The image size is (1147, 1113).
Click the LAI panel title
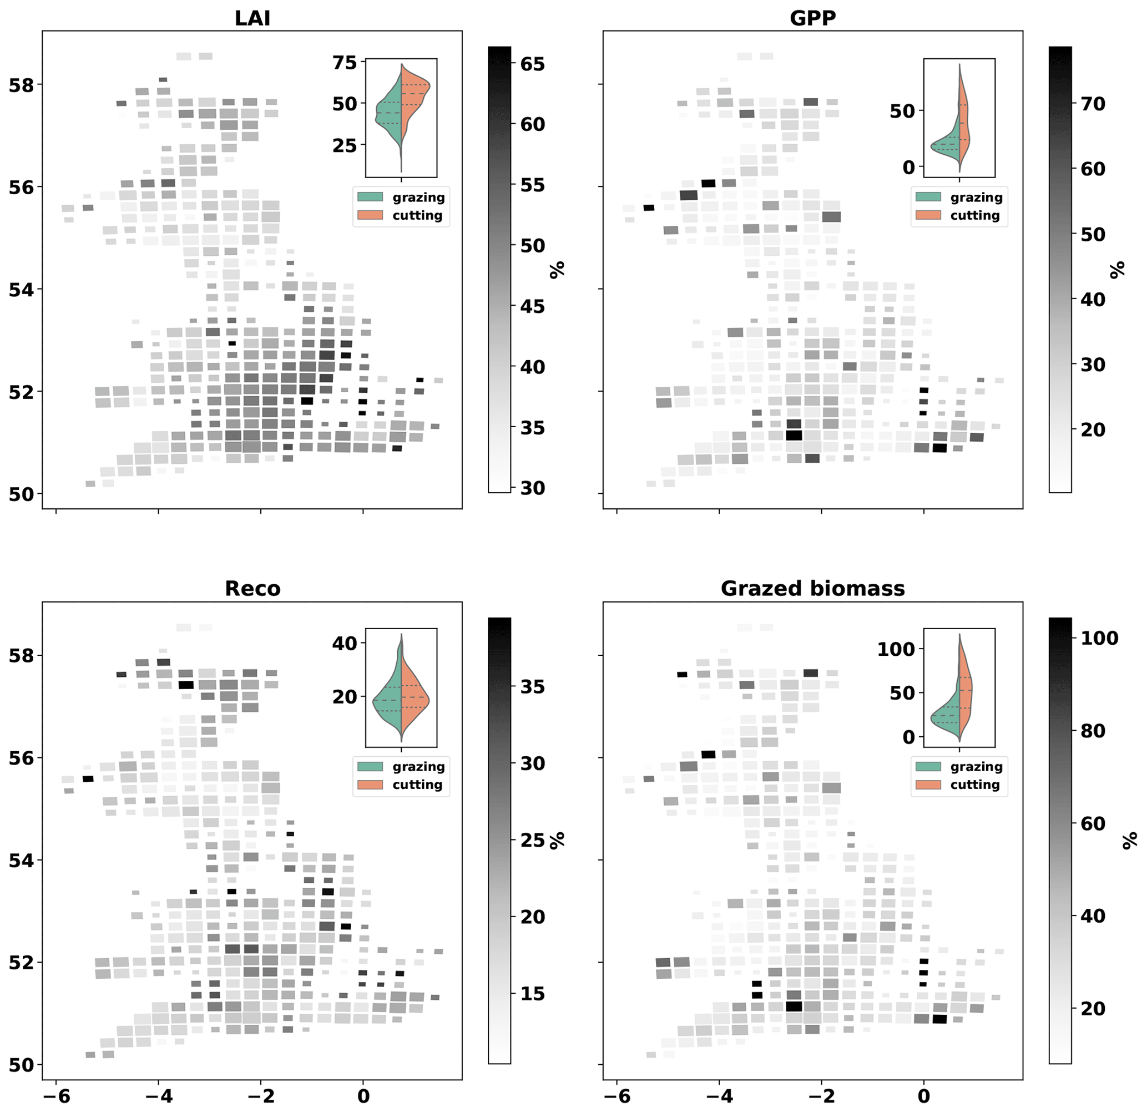[252, 18]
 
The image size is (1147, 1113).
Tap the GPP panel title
[812, 18]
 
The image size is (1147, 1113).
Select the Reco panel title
[252, 588]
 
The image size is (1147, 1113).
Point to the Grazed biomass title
[812, 588]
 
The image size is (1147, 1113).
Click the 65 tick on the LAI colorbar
[532, 64]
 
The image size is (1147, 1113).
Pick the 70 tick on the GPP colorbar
[1092, 104]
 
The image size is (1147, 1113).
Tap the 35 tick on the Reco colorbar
[532, 686]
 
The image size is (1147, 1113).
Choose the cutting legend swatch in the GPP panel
[928, 215]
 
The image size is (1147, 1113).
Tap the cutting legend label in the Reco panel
[417, 785]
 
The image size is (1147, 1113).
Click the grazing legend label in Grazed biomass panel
[976, 767]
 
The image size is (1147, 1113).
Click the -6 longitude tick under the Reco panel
[55, 1095]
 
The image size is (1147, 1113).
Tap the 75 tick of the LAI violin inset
[345, 63]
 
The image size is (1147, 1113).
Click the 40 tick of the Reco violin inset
[345, 643]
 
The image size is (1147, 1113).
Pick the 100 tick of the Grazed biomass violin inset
[896, 649]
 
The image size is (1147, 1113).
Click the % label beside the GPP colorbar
[1117, 270]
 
